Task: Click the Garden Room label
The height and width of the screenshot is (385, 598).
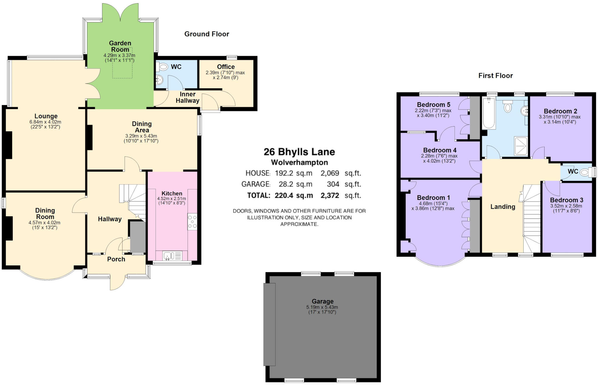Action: pos(120,46)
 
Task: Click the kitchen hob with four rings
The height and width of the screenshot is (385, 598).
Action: pos(192,222)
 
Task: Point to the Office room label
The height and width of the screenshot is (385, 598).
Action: pos(226,67)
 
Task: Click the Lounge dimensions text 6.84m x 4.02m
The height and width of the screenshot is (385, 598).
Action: pos(45,122)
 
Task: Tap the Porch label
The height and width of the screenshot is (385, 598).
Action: pos(116,259)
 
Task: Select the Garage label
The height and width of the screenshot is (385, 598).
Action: pos(322,301)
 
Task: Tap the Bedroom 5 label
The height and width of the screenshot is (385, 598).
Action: pos(433,105)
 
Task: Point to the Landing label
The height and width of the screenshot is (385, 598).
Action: pos(503,207)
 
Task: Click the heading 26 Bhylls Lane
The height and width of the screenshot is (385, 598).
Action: pos(299,152)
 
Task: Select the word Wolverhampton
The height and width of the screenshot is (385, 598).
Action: pos(299,162)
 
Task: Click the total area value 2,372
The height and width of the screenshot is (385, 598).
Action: pos(330,195)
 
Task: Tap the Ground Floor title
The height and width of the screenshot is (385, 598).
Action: pos(206,34)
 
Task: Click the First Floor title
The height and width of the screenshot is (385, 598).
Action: pos(495,76)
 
